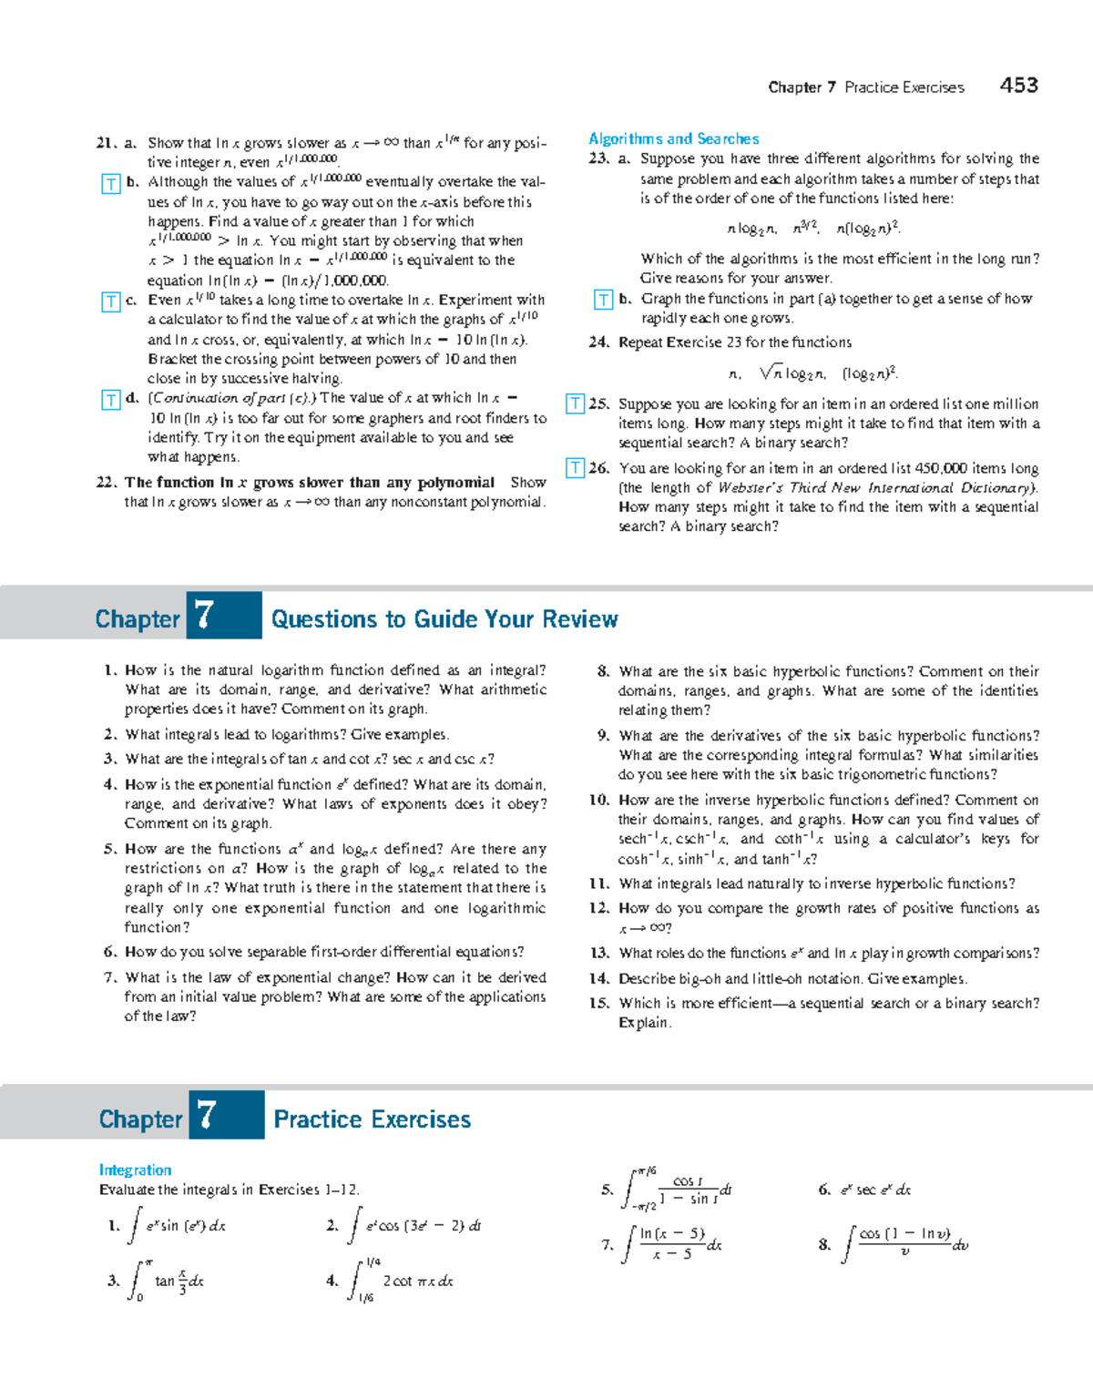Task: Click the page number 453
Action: tap(1018, 86)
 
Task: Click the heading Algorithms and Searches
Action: tap(673, 138)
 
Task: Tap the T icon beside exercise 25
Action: tap(575, 403)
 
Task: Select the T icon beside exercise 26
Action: tap(575, 468)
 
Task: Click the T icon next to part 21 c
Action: tap(110, 301)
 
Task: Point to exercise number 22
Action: tap(107, 483)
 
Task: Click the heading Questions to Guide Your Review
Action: tap(444, 619)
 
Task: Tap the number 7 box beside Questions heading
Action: tap(223, 616)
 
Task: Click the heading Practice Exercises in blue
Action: tap(372, 1119)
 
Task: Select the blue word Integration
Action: tap(135, 1170)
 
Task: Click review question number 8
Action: tap(603, 671)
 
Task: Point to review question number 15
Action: tap(598, 1003)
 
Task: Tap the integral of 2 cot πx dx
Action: tap(401, 1281)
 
